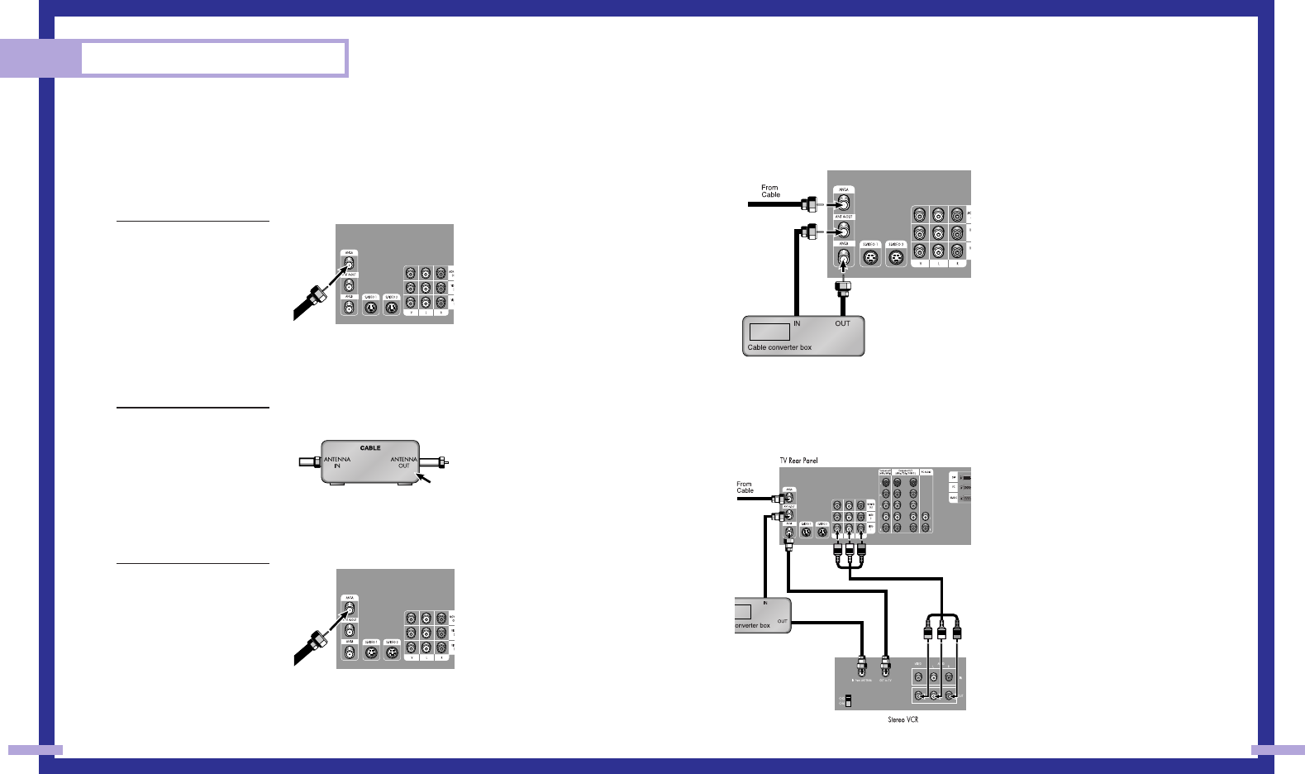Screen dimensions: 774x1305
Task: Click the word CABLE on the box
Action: point(370,448)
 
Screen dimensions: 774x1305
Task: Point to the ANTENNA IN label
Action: point(337,462)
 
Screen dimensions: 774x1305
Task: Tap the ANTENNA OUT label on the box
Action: point(403,462)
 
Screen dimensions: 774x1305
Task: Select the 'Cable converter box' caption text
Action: point(779,347)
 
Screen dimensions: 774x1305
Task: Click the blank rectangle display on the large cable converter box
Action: point(769,332)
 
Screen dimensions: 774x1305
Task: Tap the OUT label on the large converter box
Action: point(842,323)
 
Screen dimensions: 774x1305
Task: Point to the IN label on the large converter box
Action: point(797,323)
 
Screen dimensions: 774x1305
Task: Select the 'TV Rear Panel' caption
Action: point(798,461)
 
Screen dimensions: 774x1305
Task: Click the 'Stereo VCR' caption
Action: point(903,719)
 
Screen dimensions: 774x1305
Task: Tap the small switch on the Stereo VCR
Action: point(847,700)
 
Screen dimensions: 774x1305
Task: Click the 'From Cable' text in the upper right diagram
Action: point(770,191)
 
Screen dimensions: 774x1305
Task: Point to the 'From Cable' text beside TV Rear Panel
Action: point(745,487)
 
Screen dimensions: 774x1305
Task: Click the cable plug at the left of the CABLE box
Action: point(309,461)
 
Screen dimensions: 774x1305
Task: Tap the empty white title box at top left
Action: point(212,58)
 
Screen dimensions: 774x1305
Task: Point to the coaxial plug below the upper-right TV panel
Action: point(843,289)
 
